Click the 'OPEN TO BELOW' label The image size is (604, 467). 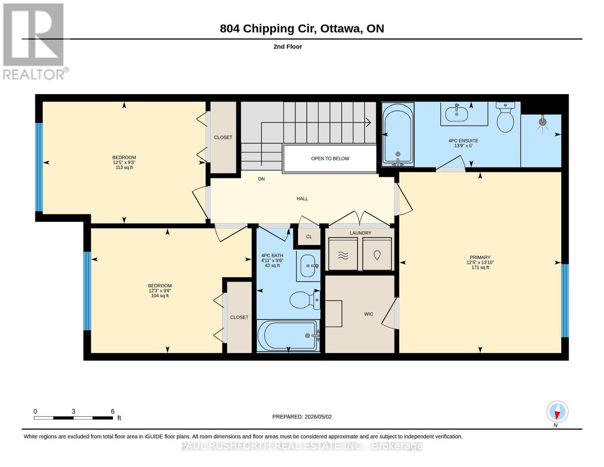tap(330, 158)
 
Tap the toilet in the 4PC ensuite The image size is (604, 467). tap(505, 117)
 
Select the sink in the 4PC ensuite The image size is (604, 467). tap(457, 114)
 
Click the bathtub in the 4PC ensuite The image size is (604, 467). tap(398, 135)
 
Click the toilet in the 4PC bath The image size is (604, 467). tap(305, 300)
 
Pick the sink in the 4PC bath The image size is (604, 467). tap(308, 266)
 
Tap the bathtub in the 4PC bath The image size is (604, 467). tap(288, 335)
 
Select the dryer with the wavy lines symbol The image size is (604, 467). tap(343, 254)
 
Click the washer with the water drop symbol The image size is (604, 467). tap(377, 254)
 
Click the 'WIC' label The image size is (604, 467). tap(369, 314)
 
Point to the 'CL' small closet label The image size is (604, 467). tap(309, 237)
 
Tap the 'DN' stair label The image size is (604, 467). tap(261, 179)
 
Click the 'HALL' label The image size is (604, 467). tap(302, 198)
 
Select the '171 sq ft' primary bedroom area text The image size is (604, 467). tap(480, 268)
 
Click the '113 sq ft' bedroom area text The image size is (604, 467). tap(124, 167)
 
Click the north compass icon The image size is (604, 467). tap(557, 412)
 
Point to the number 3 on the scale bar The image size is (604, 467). tap(74, 411)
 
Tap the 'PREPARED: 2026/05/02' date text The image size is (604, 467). tap(302, 417)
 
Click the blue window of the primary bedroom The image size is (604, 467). tap(565, 301)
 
